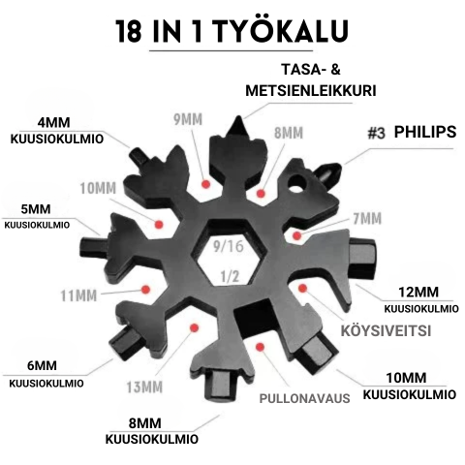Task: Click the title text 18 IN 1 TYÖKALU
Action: tap(232, 31)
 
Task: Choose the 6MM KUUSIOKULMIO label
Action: tap(42, 374)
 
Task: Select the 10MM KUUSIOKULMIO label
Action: tap(408, 386)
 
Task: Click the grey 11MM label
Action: tap(93, 294)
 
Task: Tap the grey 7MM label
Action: tap(365, 219)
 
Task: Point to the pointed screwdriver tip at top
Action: tap(236, 123)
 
